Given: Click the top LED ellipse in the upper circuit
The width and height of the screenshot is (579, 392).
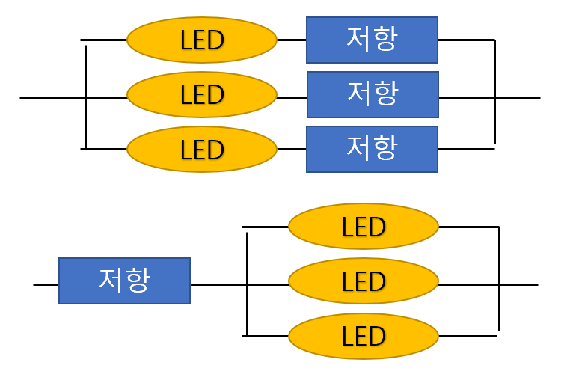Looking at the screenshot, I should click(202, 40).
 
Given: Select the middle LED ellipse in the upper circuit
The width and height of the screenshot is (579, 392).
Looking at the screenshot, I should click(202, 95).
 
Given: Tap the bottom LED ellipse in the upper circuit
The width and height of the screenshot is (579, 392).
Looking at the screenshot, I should click(202, 149).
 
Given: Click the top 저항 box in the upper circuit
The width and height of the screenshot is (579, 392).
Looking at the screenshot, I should click(372, 40).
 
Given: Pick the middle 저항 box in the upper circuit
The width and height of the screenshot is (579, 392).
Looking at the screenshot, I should click(373, 94).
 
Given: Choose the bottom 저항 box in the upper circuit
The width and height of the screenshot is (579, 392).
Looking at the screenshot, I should click(372, 149).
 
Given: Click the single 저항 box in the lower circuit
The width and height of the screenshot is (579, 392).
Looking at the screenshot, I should click(124, 281).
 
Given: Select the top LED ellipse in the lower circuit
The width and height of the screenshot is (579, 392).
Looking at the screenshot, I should click(364, 226).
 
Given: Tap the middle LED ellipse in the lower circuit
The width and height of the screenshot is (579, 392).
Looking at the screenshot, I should click(364, 281).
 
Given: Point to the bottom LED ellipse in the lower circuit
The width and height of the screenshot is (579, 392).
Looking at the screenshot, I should click(364, 336).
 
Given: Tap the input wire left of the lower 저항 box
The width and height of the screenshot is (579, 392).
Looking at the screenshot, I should click(46, 284).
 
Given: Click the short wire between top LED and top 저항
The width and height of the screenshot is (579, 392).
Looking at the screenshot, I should click(292, 40).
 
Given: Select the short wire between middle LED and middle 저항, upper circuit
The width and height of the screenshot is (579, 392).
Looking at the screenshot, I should click(292, 97).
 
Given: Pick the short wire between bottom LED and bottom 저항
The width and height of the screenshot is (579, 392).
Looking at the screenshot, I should click(292, 149).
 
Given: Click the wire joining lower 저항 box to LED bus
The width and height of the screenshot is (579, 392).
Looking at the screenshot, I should click(217, 284).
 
